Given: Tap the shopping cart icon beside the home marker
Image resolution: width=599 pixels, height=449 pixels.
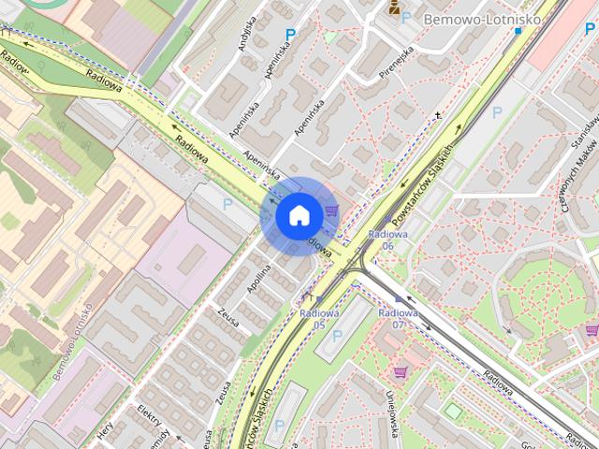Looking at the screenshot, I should [x=330, y=210].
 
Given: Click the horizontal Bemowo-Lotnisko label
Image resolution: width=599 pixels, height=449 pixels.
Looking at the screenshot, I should [x=463, y=18].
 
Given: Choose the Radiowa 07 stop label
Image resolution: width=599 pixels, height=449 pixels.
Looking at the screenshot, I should [x=398, y=318].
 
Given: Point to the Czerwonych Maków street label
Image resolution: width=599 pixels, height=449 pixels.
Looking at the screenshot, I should [x=567, y=182].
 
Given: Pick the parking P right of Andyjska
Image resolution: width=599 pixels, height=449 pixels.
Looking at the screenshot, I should [x=290, y=35].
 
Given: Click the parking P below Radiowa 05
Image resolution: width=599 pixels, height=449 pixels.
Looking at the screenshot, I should [x=337, y=334].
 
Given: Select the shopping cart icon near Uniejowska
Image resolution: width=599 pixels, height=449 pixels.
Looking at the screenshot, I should [x=400, y=372].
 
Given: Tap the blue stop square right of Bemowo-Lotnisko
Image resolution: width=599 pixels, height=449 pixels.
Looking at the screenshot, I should [x=519, y=30].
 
